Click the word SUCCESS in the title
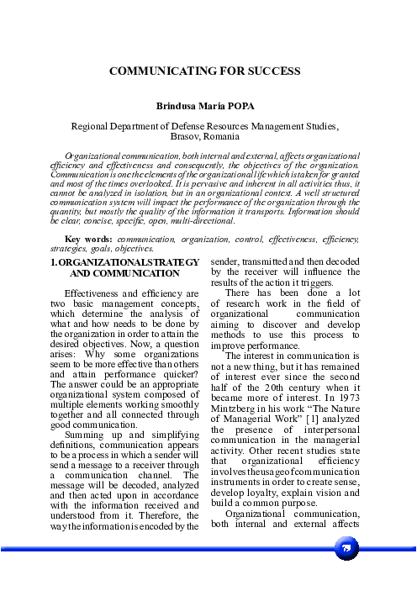click(272, 73)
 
